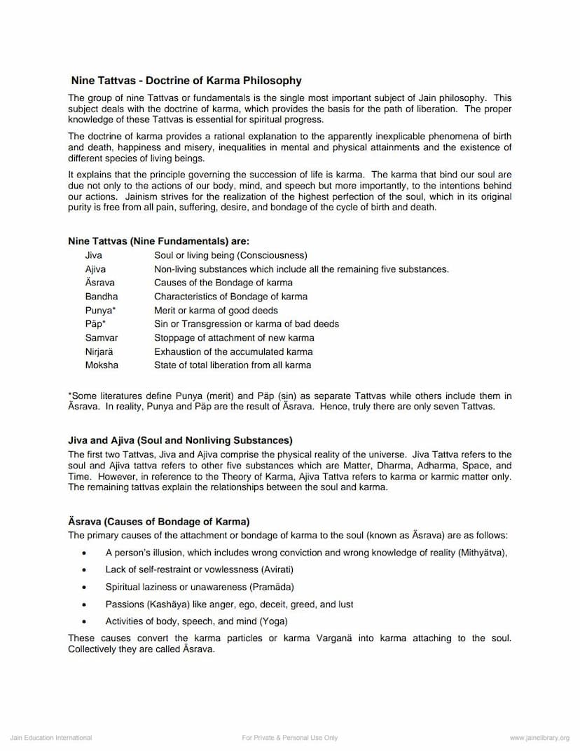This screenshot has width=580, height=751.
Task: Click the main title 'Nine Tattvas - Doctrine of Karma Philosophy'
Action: click(186, 81)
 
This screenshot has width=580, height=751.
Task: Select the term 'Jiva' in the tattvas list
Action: click(93, 255)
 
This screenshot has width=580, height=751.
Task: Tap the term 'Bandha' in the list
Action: click(102, 297)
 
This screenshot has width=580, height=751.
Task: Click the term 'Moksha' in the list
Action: click(102, 365)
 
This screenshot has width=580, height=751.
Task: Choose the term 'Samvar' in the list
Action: click(102, 338)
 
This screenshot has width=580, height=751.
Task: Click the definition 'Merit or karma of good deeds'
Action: click(216, 311)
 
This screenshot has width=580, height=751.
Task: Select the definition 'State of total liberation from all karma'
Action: click(233, 365)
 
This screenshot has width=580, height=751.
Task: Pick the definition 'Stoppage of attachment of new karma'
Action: click(234, 338)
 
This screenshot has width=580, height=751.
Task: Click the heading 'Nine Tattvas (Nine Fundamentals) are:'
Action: click(158, 241)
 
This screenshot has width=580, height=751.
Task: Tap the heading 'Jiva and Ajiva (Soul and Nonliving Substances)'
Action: click(180, 441)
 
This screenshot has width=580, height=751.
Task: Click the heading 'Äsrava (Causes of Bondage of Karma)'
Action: click(159, 522)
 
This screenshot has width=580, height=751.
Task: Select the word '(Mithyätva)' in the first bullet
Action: click(482, 553)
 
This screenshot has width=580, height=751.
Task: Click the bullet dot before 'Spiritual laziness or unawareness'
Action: click(85, 587)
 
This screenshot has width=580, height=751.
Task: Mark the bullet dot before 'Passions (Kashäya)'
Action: click(85, 604)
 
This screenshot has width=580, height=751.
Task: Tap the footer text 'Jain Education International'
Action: click(51, 738)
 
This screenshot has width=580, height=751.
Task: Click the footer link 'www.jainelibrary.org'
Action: click(539, 738)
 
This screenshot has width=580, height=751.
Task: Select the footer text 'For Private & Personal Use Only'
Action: click(290, 738)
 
